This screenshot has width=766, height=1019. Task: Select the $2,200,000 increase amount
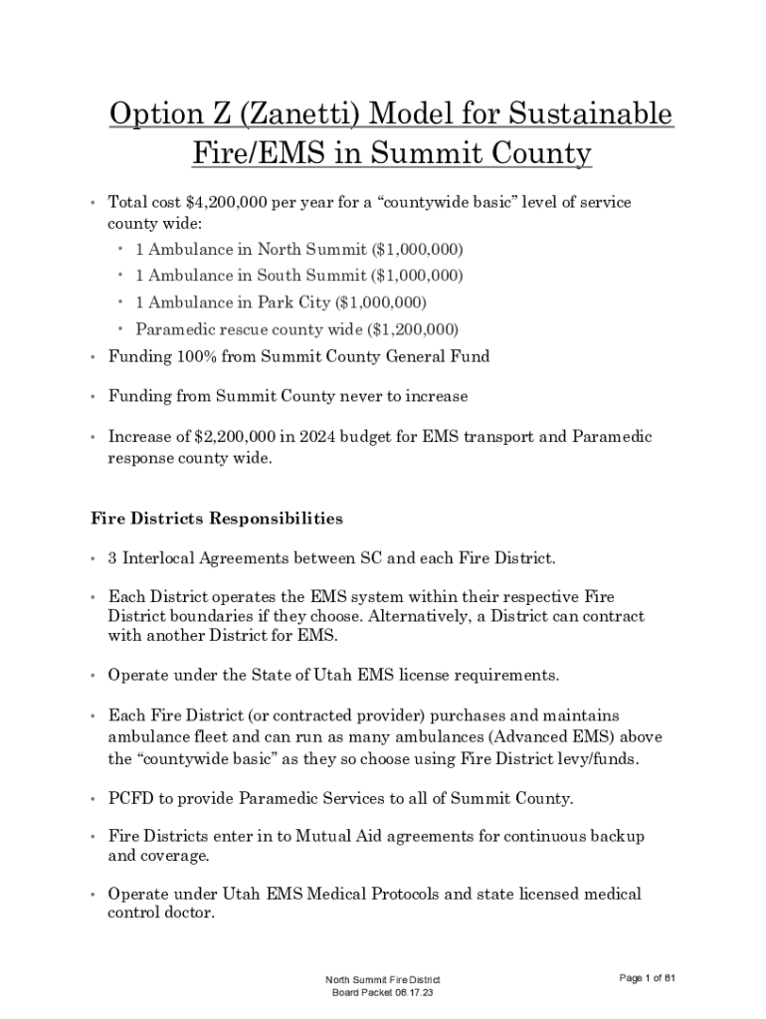(220, 437)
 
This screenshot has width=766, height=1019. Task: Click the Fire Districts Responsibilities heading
(217, 518)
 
